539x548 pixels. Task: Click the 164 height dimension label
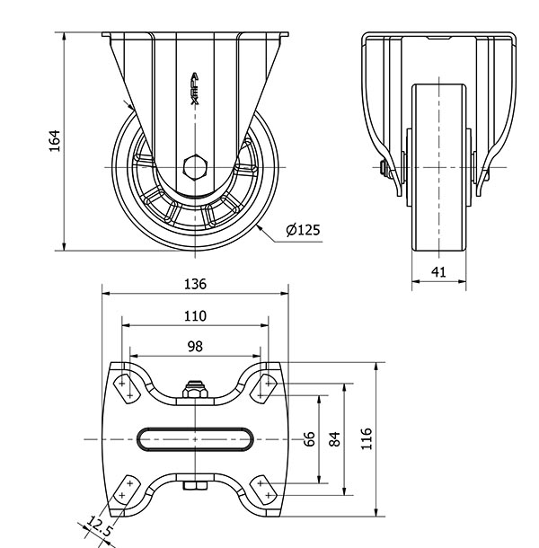55,141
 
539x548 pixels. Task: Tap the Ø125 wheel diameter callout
303,230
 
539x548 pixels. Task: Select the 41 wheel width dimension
438,271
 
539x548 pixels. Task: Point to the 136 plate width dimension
195,284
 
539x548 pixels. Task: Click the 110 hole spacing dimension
195,316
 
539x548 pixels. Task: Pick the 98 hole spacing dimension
195,347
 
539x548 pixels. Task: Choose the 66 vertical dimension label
309,439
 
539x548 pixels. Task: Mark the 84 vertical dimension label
334,439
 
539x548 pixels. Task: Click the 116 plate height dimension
366,438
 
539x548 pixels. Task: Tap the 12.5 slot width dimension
99,526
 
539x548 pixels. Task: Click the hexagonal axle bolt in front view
195,167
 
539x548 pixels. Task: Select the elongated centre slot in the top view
195,439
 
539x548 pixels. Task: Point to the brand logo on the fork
195,89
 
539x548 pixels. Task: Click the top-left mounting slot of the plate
126,389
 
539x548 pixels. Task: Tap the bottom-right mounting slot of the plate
264,490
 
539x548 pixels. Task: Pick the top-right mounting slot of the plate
264,389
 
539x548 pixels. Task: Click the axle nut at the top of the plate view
195,390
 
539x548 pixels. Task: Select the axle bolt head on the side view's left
385,170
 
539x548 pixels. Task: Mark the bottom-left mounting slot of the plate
126,490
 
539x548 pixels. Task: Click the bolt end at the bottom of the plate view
195,485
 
